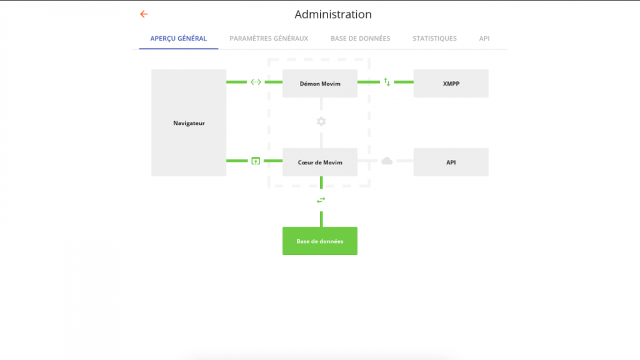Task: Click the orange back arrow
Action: click(x=144, y=14)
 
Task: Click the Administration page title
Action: click(x=333, y=14)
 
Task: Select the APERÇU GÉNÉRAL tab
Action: click(x=178, y=38)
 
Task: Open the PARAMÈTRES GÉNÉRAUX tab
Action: click(x=269, y=38)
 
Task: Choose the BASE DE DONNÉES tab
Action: click(x=361, y=38)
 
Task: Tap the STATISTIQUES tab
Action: click(x=434, y=38)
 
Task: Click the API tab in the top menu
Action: click(x=484, y=38)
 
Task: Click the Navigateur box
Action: click(x=189, y=123)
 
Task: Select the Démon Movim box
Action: click(x=320, y=83)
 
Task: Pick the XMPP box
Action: click(x=451, y=83)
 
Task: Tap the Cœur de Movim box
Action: click(x=320, y=162)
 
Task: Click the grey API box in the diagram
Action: click(x=451, y=162)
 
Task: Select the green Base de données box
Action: click(x=320, y=241)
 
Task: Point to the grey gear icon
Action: click(x=321, y=122)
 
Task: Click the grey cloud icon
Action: click(x=387, y=161)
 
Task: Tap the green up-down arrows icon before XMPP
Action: click(x=387, y=82)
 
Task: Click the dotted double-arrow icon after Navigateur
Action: click(x=256, y=82)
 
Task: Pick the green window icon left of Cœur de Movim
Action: click(x=256, y=161)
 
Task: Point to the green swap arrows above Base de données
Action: click(x=321, y=200)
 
